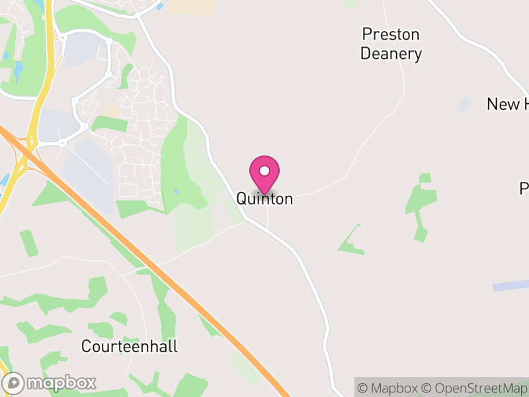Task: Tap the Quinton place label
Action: tap(264, 198)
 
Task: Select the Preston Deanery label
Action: tap(391, 44)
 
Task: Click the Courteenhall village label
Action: tap(130, 346)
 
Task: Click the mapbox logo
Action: tap(50, 382)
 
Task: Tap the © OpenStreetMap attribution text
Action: tap(473, 388)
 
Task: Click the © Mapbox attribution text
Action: tap(388, 388)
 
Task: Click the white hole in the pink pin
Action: tap(264, 171)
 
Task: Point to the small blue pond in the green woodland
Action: tap(175, 192)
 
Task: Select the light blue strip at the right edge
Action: tap(511, 286)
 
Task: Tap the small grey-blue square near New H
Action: tap(466, 105)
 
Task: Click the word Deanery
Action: tap(391, 54)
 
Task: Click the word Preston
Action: tap(391, 34)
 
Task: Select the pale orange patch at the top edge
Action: tap(192, 7)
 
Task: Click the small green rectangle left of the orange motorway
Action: tap(28, 243)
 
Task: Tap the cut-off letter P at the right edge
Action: tap(524, 189)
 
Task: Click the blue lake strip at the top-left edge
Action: tap(18, 69)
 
